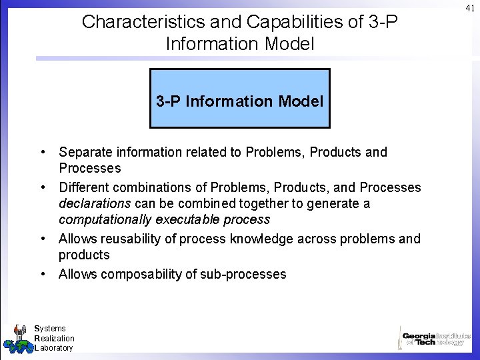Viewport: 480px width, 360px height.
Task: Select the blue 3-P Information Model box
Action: pyautogui.click(x=240, y=98)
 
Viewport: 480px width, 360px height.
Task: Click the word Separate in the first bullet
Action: pyautogui.click(x=83, y=152)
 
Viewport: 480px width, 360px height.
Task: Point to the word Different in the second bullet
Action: pyautogui.click(x=83, y=187)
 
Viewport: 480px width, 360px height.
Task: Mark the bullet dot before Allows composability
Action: pyautogui.click(x=42, y=274)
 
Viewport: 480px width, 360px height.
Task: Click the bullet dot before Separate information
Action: pyautogui.click(x=42, y=152)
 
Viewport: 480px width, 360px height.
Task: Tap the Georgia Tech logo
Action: pyautogui.click(x=435, y=337)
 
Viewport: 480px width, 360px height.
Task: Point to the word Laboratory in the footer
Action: pyautogui.click(x=54, y=348)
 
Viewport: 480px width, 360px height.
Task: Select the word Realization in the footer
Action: pyautogui.click(x=55, y=338)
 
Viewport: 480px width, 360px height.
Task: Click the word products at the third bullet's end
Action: pyautogui.click(x=84, y=255)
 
